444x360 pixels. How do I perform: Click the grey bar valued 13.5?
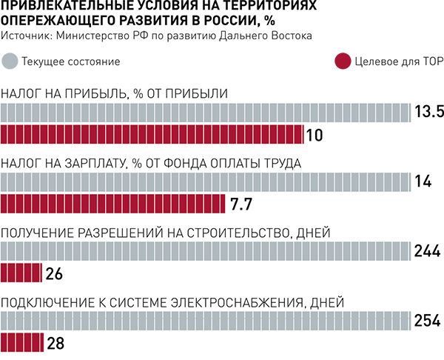coord(205,113)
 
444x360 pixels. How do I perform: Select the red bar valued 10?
coord(151,134)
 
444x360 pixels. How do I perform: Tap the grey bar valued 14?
coord(205,181)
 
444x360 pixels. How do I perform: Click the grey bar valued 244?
coord(205,251)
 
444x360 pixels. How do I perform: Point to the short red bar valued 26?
coord(21,273)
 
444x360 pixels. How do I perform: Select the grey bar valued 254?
coord(205,321)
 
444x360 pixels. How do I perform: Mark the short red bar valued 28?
coord(22,342)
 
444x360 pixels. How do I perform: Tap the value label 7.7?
coord(243,204)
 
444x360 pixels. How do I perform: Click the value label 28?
coord(56,343)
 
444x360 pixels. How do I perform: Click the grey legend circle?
coord(11,61)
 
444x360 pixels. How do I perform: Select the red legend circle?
coord(343,61)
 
